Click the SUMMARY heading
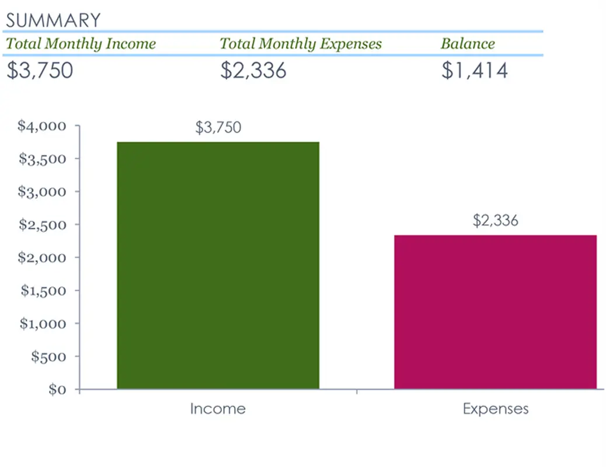point(53,20)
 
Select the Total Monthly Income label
point(81,44)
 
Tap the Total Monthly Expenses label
point(301,44)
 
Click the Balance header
point(468,44)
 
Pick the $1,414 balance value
point(475,71)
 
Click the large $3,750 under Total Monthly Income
point(40,71)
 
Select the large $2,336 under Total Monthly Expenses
point(253,71)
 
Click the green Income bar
point(218,265)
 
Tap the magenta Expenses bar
point(495,312)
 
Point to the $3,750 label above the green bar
point(218,128)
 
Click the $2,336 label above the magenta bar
point(495,221)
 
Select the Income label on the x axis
point(218,409)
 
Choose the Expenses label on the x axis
point(495,409)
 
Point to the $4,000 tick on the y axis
point(42,126)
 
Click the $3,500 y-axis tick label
point(42,159)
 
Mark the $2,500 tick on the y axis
point(42,225)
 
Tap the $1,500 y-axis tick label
point(42,291)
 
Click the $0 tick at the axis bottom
point(57,389)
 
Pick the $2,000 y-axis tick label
point(42,257)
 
